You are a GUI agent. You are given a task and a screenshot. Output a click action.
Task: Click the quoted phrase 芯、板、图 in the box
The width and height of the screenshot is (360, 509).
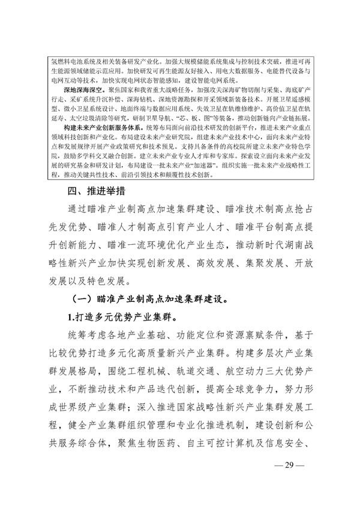196,119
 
